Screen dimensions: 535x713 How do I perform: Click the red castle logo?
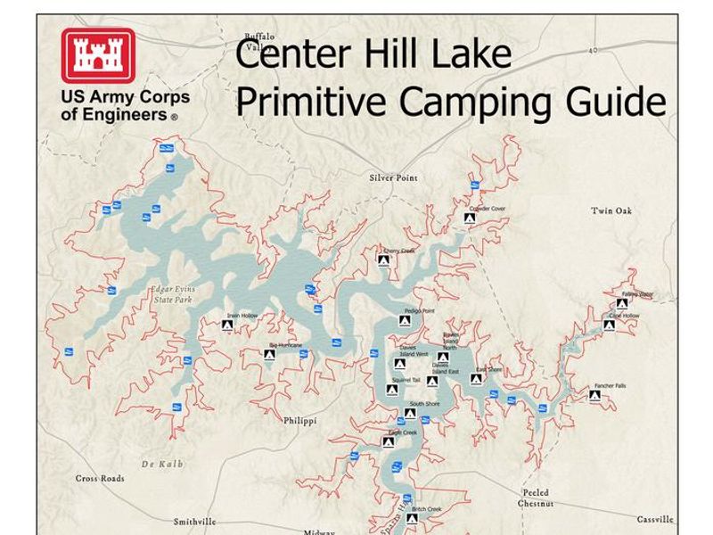click(x=98, y=55)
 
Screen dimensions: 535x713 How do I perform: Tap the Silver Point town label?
click(x=393, y=178)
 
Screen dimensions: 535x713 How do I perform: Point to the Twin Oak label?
click(x=611, y=211)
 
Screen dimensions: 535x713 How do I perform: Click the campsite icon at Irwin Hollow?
click(x=227, y=327)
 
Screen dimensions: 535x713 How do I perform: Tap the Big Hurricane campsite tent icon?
click(x=269, y=355)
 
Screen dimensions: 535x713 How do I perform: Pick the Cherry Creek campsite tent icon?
click(x=384, y=260)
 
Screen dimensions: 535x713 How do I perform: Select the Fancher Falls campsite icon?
click(x=594, y=395)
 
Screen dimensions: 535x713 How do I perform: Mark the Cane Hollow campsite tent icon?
click(x=610, y=325)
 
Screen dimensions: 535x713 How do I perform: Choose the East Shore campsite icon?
click(x=476, y=379)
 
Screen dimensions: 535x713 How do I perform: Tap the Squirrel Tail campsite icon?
click(x=392, y=390)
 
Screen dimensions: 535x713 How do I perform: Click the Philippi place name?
click(x=300, y=419)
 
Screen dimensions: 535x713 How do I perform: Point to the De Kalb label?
click(x=160, y=465)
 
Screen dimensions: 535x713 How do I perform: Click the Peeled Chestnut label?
click(x=536, y=498)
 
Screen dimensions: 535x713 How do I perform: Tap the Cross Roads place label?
click(x=100, y=479)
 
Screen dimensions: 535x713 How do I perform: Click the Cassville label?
click(x=655, y=519)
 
